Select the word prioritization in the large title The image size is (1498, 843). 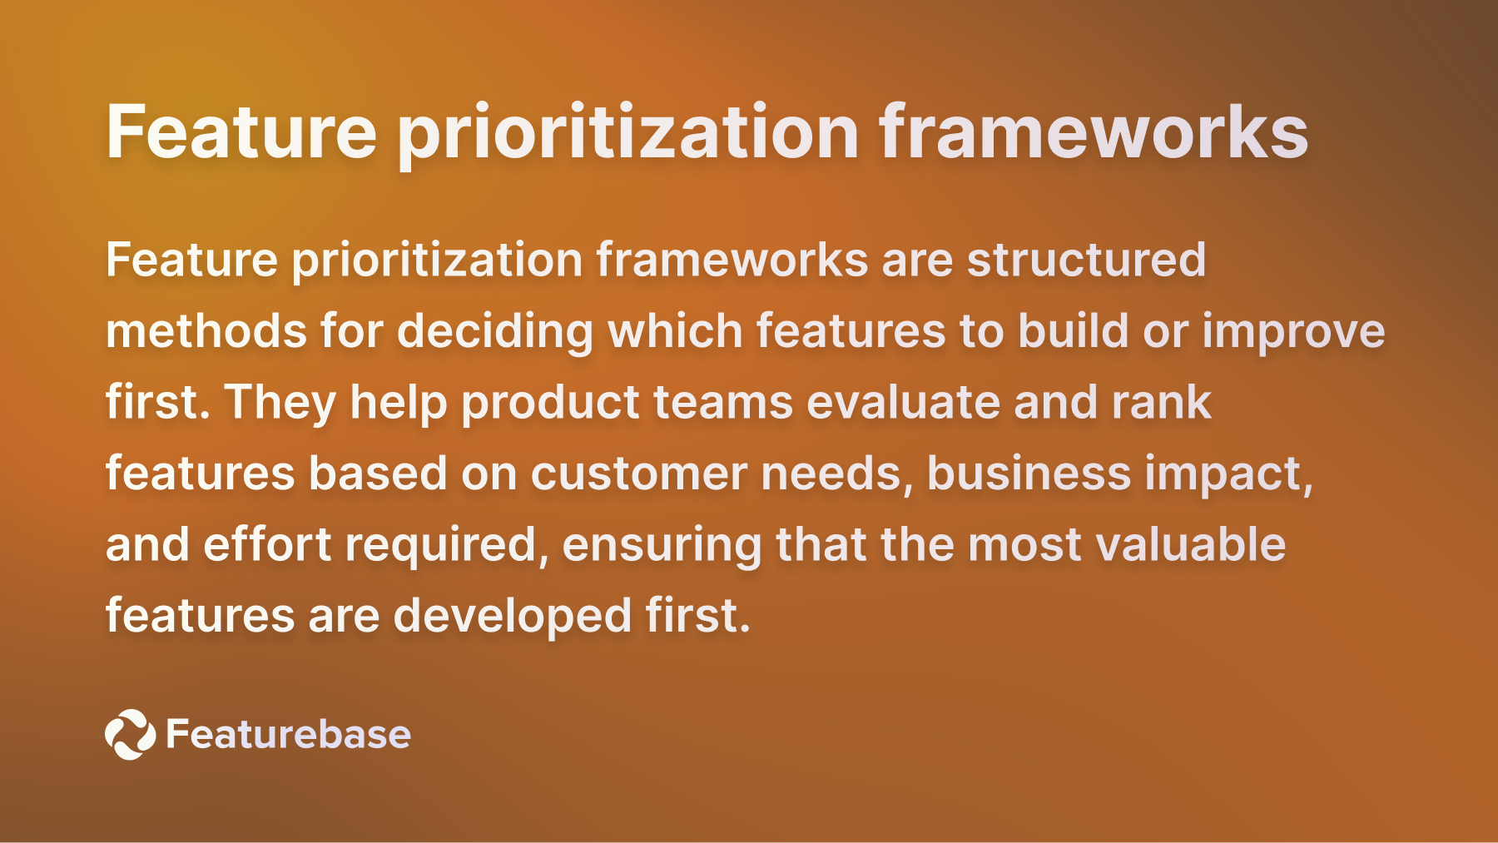pos(628,133)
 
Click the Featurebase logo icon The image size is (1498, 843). pos(130,734)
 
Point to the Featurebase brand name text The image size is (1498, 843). pos(288,734)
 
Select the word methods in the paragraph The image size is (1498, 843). pos(206,331)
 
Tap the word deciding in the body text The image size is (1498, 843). pos(495,331)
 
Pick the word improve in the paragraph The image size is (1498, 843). pos(1293,331)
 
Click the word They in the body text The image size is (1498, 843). pos(280,403)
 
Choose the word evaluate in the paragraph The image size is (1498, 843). pos(903,403)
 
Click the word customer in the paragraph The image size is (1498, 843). pos(638,474)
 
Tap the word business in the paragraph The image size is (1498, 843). pos(1029,474)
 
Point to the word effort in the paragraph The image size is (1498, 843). pos(267,545)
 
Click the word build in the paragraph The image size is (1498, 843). pos(1073,331)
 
